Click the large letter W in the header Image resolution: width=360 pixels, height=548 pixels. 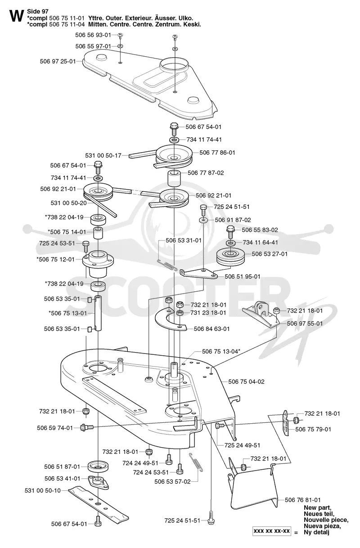pos(17,16)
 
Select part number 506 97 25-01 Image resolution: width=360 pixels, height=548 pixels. pos(58,61)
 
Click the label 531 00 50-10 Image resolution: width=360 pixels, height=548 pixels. pos(43,490)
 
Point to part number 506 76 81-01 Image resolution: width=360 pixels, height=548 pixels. pos(302,500)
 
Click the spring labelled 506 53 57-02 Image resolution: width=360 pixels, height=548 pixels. pos(196,462)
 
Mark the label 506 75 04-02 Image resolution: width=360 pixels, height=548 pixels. pos(246,382)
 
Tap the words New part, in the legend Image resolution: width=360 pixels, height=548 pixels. pos(317,507)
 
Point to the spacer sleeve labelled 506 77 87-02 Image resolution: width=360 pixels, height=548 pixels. pos(174,179)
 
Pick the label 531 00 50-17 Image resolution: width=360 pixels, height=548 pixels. pos(103,156)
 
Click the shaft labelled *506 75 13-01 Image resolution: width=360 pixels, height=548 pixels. pos(98,313)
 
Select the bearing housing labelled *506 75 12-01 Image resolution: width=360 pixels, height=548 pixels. pos(98,264)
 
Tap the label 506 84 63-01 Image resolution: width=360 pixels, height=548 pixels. pos(212,329)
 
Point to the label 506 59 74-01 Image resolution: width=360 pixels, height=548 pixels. pos(55,428)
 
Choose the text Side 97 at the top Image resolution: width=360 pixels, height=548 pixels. pos(38,12)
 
